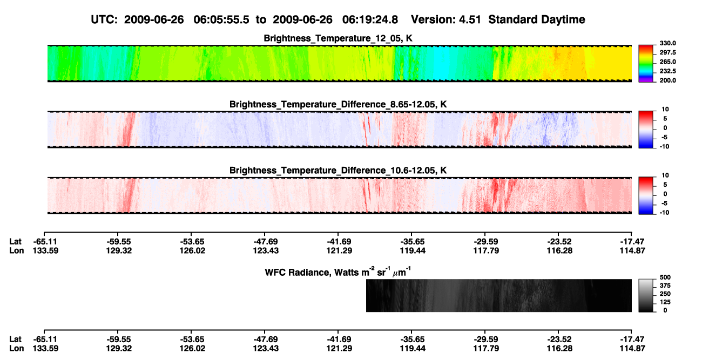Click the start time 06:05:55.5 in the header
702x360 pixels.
(x=221, y=20)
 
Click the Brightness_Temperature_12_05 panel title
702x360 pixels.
(x=338, y=38)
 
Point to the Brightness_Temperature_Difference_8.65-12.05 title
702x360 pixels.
(x=338, y=104)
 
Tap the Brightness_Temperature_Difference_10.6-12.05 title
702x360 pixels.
(x=338, y=171)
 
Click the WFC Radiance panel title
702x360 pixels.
(x=338, y=271)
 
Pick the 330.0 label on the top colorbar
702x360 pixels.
(x=667, y=43)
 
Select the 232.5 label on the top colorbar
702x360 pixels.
(x=667, y=71)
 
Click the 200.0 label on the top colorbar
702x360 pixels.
(x=667, y=80)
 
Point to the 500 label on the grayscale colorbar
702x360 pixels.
(x=665, y=277)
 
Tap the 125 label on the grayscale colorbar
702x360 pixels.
(x=665, y=302)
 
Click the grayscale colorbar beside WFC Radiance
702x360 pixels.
(x=646, y=295)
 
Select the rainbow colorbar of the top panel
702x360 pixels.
(x=646, y=64)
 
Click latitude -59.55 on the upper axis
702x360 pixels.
(x=119, y=242)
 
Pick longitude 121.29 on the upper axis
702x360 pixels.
(x=339, y=250)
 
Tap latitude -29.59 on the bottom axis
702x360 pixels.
(x=486, y=339)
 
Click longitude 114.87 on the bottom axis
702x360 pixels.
(x=632, y=349)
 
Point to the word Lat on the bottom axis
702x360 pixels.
(x=15, y=339)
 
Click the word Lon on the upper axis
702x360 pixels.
(x=16, y=250)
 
